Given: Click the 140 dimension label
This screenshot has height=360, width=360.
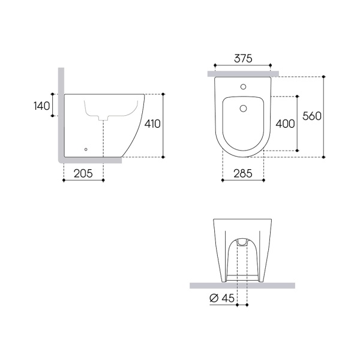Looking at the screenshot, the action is (x=42, y=106).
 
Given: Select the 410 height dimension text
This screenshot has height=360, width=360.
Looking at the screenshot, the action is (x=152, y=124).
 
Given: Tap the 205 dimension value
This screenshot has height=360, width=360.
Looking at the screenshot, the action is (x=83, y=173).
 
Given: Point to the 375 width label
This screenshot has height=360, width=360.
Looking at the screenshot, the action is (x=243, y=58).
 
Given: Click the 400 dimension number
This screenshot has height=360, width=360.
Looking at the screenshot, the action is (x=286, y=124).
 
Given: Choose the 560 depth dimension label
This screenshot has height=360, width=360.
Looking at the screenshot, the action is (x=312, y=116).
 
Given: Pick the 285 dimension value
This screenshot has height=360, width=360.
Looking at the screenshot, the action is (x=243, y=173).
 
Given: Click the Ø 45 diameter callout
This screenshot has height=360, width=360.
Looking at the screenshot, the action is (x=222, y=298).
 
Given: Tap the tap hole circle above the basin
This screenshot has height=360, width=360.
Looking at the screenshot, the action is (x=243, y=87).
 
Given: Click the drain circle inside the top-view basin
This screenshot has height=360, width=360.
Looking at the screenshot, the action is (x=243, y=109).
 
